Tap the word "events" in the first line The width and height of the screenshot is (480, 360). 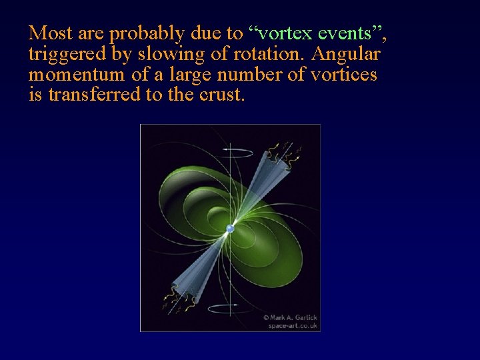345,33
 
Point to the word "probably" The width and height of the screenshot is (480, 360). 141,34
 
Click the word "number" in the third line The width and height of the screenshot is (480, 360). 255,75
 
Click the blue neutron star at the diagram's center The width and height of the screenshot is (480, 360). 230,229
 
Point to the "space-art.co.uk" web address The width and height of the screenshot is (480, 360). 293,326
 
